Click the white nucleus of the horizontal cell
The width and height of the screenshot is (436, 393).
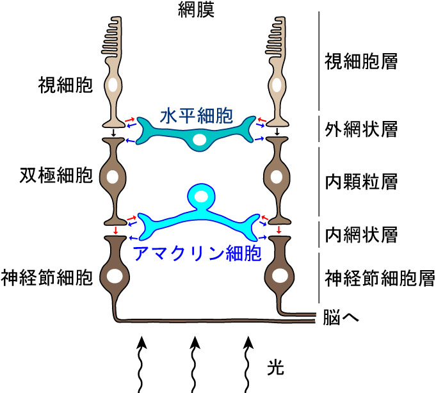click(200, 140)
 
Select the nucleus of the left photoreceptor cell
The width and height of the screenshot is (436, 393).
click(113, 85)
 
